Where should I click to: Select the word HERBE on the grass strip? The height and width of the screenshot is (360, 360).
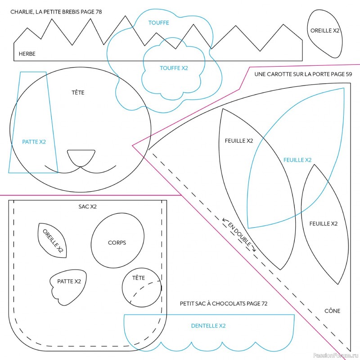(27, 54)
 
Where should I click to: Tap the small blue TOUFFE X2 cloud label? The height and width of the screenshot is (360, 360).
(174, 68)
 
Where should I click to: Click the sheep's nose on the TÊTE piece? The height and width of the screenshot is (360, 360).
(81, 157)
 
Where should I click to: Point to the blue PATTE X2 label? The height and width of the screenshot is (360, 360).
(34, 142)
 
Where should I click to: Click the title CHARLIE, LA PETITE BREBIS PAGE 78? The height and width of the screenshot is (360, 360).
(56, 12)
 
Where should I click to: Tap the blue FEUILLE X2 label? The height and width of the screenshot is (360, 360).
(297, 160)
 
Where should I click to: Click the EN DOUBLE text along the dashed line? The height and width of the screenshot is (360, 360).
(239, 234)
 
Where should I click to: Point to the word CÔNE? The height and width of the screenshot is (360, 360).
(332, 311)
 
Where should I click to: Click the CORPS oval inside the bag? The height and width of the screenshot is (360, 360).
(117, 243)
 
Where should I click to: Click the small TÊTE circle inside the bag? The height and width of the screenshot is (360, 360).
(142, 288)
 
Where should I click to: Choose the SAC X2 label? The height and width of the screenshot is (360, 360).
(88, 207)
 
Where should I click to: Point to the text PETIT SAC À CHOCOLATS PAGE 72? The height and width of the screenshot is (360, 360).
(224, 304)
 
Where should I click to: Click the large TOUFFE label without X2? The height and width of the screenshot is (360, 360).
(159, 22)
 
